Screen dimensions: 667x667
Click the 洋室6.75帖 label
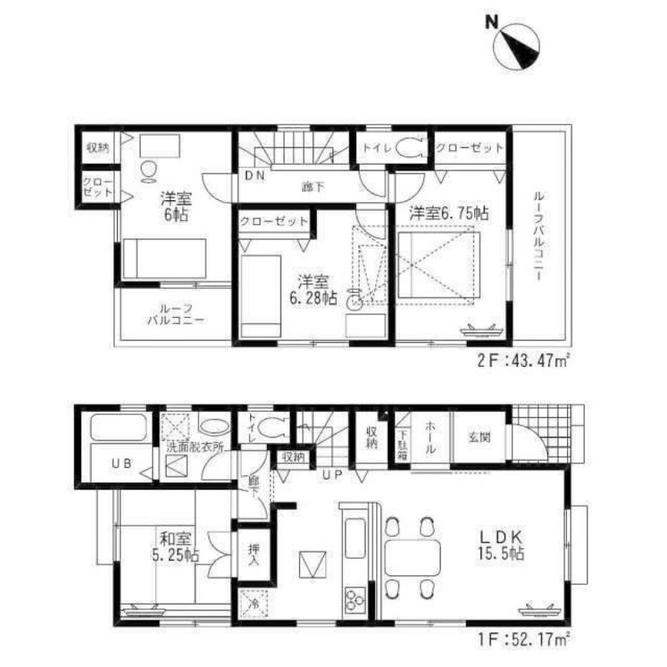[x=448, y=213]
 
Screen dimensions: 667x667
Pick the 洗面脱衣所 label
[x=194, y=448]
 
